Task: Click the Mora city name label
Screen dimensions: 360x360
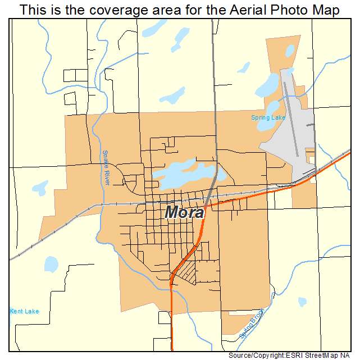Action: coord(184,213)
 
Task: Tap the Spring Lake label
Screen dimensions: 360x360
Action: coord(268,118)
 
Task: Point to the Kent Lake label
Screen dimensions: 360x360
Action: coord(24,311)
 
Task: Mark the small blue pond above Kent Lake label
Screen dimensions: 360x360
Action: coord(51,263)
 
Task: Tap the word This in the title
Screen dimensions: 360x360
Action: coord(33,10)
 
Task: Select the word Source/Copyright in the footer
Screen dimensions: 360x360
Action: coord(256,356)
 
